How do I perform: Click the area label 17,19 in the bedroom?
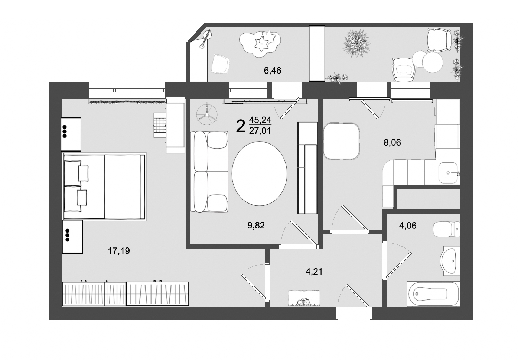[119, 251]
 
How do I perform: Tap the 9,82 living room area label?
[256, 225]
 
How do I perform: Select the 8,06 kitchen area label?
[392, 142]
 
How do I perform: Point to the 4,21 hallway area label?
[314, 272]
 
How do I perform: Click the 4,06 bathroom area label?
[408, 226]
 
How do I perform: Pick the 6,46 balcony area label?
[272, 70]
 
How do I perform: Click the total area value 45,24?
[260, 120]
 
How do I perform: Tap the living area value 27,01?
[260, 130]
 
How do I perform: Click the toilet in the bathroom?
[446, 229]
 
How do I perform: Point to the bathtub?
[433, 294]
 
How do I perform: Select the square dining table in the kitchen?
[341, 142]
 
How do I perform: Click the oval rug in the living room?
[260, 173]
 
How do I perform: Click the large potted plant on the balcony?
[357, 43]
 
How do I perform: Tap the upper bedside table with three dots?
[71, 134]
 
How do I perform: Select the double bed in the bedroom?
[104, 187]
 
